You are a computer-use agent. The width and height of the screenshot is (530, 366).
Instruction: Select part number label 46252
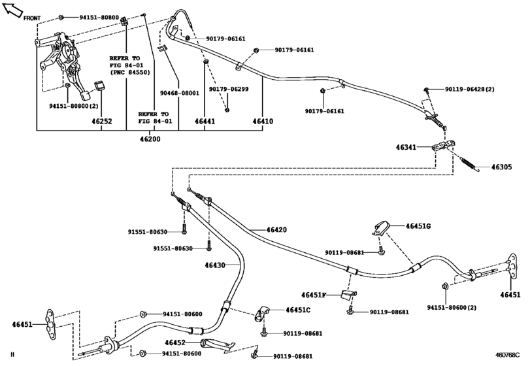coord(101,122)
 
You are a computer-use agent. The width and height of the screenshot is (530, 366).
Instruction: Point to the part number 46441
coord(205,122)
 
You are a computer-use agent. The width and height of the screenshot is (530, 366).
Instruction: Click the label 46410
coord(263,122)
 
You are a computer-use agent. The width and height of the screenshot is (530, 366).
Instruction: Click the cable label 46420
coord(276,230)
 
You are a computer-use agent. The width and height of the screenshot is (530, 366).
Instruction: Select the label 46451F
coord(316,295)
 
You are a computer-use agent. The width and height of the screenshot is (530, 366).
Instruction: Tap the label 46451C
coord(297,310)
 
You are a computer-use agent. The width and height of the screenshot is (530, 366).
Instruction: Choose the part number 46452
coord(175,342)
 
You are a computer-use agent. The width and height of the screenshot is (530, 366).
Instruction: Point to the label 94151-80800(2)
coord(74,105)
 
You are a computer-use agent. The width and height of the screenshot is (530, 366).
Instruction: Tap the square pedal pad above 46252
coord(100,86)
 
